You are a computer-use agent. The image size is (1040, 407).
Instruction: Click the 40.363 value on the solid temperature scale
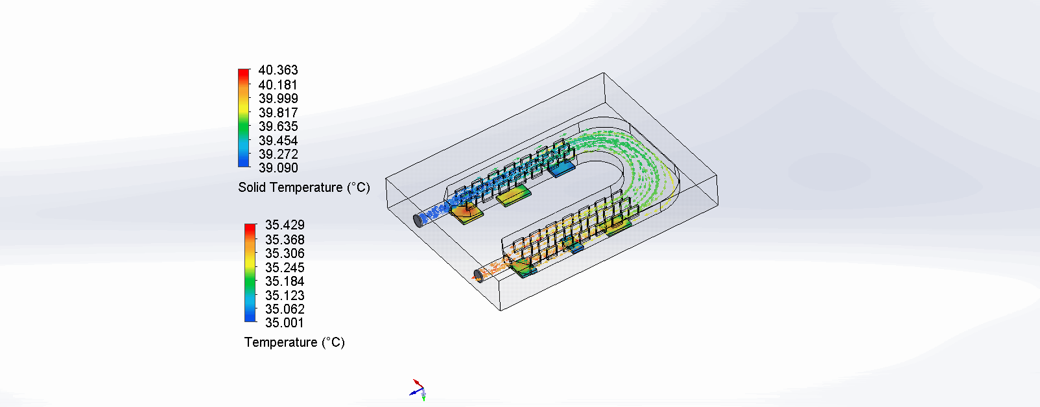pyautogui.click(x=278, y=70)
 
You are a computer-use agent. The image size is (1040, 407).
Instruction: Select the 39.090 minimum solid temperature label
pyautogui.click(x=278, y=168)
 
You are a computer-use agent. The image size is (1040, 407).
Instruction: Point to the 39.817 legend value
pyautogui.click(x=278, y=113)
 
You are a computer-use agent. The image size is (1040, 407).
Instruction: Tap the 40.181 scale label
pyautogui.click(x=278, y=85)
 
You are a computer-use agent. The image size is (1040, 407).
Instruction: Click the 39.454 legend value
pyautogui.click(x=278, y=141)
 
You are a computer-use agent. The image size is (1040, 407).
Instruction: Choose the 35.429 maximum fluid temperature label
pyautogui.click(x=285, y=225)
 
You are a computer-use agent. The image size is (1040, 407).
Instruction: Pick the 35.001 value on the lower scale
pyautogui.click(x=285, y=323)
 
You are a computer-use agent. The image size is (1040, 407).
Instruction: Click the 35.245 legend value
pyautogui.click(x=285, y=268)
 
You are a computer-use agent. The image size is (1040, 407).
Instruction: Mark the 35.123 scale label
pyautogui.click(x=285, y=296)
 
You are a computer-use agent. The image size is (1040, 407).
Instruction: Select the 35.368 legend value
pyautogui.click(x=285, y=240)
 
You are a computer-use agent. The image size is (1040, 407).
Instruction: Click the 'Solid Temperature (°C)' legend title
pyautogui.click(x=303, y=187)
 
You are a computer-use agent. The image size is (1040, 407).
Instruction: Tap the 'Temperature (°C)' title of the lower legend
pyautogui.click(x=294, y=342)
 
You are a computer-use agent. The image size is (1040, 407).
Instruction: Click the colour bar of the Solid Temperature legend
pyautogui.click(x=244, y=118)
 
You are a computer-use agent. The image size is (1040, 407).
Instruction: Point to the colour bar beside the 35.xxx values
pyautogui.click(x=250, y=273)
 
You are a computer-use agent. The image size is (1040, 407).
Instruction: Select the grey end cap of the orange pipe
pyautogui.click(x=479, y=275)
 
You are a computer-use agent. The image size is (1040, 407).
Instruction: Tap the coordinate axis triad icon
pyautogui.click(x=418, y=389)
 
